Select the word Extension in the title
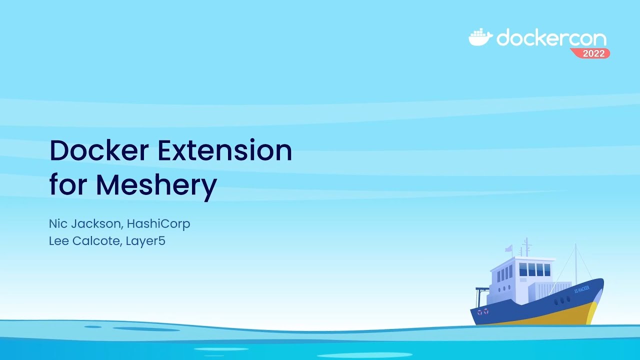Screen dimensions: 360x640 [224, 150]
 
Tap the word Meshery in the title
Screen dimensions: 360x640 [156, 185]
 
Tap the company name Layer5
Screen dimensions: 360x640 [145, 241]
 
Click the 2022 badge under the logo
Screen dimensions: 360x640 [593, 53]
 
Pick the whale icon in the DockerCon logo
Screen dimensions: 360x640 [480, 37]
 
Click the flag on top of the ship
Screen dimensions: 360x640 [508, 248]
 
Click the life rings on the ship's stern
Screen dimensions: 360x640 [482, 312]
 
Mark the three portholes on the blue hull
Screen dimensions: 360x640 [561, 301]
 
